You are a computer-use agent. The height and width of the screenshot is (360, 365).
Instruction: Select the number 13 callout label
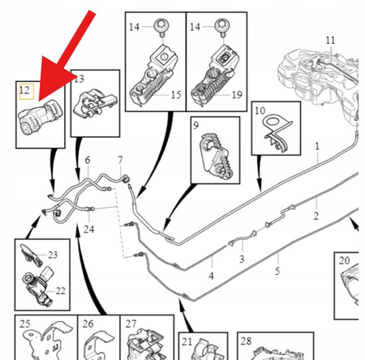coord(79,79)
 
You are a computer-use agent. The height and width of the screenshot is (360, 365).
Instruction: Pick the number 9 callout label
coord(196,125)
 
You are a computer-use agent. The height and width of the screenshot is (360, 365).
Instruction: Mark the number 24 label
coord(88,229)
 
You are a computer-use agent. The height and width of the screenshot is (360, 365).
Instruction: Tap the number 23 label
coord(53,255)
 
